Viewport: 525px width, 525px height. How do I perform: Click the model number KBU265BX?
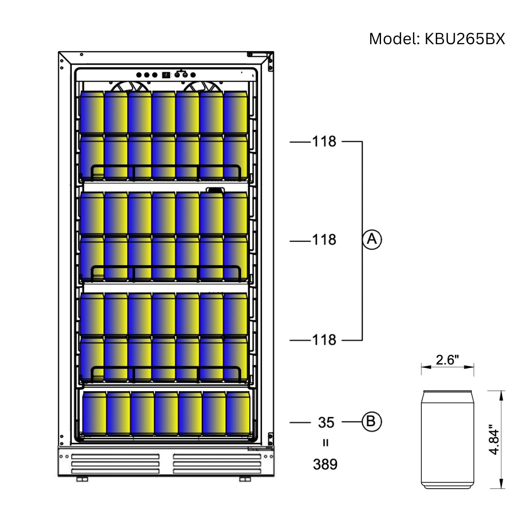465,39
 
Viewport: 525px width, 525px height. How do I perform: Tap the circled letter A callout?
372,239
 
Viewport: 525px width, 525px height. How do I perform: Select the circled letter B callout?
371,421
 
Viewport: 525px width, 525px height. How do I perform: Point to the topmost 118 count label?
324,141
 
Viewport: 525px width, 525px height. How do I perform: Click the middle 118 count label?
324,240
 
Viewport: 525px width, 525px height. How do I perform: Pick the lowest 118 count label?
324,339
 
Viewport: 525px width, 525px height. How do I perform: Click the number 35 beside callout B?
326,422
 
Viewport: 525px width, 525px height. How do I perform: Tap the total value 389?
325,464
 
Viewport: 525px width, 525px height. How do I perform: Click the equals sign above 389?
325,443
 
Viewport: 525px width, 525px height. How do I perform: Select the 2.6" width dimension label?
447,360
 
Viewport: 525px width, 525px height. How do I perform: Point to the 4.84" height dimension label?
494,439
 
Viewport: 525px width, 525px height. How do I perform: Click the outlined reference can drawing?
447,439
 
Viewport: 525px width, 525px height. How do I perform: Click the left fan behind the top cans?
127,87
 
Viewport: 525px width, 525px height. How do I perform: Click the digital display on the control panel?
166,75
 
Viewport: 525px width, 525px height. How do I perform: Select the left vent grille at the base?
115,464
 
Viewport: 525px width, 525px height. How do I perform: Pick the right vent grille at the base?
217,464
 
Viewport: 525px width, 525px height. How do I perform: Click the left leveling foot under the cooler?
82,479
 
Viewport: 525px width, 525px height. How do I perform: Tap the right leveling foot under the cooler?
245,479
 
